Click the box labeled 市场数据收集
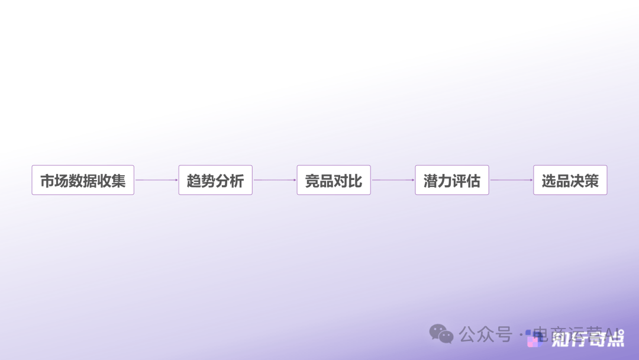point(83,180)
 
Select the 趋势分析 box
point(215,180)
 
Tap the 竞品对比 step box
point(334,180)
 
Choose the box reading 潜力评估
point(452,180)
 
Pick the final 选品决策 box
point(570,180)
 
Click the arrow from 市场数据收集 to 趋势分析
point(156,180)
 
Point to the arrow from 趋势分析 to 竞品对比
point(275,180)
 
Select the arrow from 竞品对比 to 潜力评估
point(393,180)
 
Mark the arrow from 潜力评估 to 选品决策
point(511,180)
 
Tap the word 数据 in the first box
point(83,181)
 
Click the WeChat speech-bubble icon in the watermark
point(441,334)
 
